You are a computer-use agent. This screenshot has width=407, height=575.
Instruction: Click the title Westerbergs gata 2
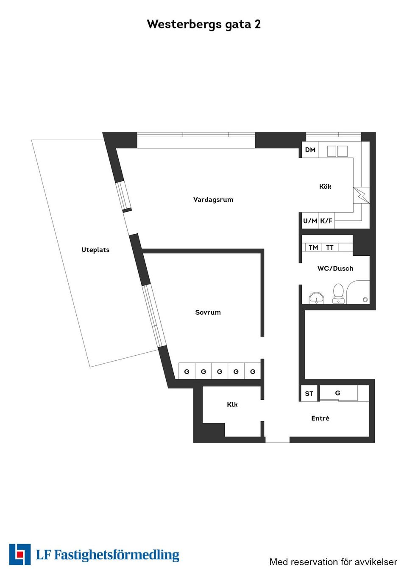[203, 24]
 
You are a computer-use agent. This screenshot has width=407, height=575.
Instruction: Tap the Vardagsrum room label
[213, 199]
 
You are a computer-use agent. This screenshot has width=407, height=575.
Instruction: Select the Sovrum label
[208, 312]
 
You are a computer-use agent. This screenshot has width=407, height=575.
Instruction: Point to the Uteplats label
[95, 250]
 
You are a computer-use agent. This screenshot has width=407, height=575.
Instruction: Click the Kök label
[325, 186]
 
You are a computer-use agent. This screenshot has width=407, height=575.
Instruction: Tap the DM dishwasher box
[310, 150]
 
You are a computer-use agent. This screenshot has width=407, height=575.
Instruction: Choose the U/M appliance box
[309, 221]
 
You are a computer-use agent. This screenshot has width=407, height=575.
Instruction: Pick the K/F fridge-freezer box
[326, 221]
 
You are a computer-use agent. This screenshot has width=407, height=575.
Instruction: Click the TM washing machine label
[313, 247]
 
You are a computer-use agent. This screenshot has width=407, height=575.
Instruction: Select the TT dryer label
[330, 247]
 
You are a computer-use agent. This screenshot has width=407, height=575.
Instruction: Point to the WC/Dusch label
[335, 268]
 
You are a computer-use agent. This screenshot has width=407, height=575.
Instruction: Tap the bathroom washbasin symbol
[316, 298]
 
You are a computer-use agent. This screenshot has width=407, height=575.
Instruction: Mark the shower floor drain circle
[365, 299]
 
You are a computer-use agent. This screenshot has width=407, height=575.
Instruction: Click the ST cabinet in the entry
[309, 393]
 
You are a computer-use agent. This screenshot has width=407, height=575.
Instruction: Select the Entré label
[320, 418]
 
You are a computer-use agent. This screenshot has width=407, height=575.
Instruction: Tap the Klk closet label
[232, 404]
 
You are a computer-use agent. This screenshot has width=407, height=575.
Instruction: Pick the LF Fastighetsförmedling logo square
[20, 554]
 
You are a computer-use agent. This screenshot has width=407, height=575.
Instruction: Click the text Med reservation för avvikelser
[333, 562]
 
